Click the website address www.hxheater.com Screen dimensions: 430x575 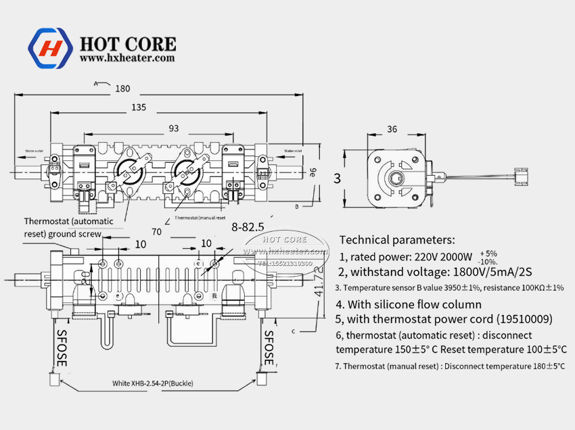pos(127,59)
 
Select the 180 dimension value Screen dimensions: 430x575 pos(122,89)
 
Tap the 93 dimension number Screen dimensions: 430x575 pos(174,128)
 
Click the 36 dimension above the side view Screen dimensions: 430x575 pos(392,129)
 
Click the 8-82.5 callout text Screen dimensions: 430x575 pos(247,226)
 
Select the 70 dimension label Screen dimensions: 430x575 pos(157,232)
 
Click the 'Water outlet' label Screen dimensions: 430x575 pos(34,151)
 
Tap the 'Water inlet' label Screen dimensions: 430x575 pos(293,150)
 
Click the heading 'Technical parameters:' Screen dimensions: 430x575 pos(396,239)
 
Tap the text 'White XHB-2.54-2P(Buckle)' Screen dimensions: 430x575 pos(153,383)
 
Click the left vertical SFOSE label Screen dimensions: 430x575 pos(62,349)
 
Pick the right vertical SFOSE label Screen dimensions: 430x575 pos(269,349)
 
